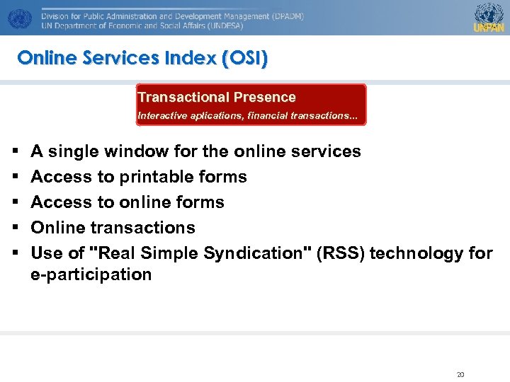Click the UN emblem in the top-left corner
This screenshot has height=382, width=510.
coord(20,18)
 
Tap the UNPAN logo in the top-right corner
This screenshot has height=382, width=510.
coord(488,17)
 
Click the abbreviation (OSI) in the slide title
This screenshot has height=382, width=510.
coord(244,58)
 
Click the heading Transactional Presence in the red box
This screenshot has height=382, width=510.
coord(217,98)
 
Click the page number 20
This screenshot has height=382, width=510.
coord(460,374)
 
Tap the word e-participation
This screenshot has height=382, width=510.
coord(91,274)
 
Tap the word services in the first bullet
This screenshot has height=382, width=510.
coord(327,151)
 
